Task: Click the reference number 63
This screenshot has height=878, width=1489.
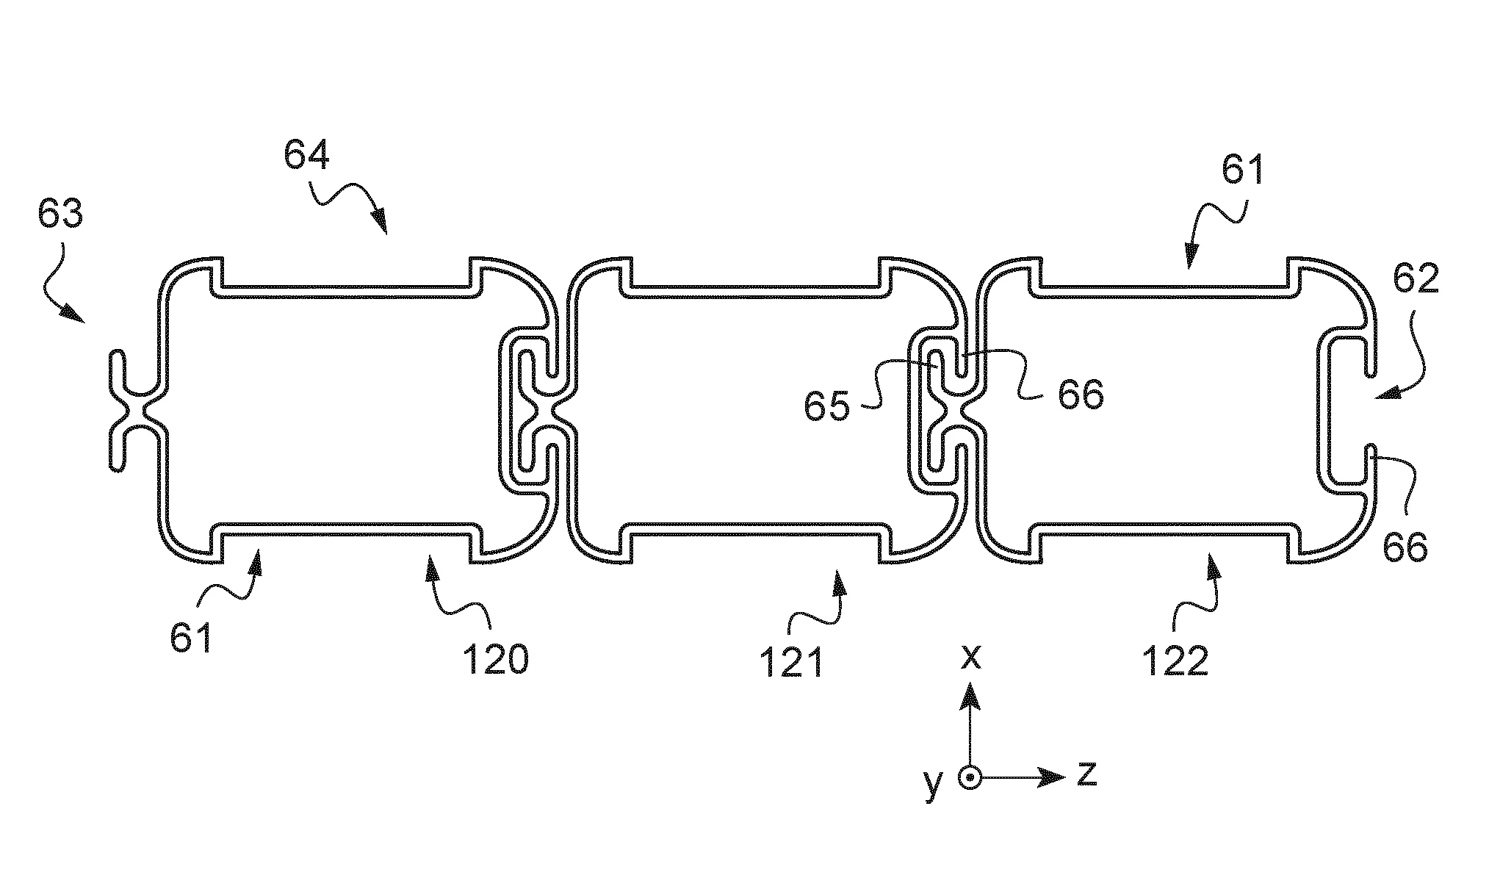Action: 61,214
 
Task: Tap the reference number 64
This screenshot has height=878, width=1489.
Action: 307,156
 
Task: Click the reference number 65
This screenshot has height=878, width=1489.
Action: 826,406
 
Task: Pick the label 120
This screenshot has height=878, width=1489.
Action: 494,660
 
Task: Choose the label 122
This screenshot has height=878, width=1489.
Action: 1175,661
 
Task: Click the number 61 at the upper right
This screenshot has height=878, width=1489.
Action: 1243,170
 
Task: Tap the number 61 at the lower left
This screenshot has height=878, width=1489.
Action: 192,637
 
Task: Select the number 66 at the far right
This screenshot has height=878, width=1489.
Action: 1405,547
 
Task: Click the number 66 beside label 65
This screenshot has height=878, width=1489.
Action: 1081,395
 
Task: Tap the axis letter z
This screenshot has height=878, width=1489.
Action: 1086,774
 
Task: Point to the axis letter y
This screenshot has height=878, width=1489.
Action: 933,784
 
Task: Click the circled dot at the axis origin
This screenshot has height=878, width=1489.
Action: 971,777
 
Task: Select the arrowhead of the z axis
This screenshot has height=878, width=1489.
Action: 1055,777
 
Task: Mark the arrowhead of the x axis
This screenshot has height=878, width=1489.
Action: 971,693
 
